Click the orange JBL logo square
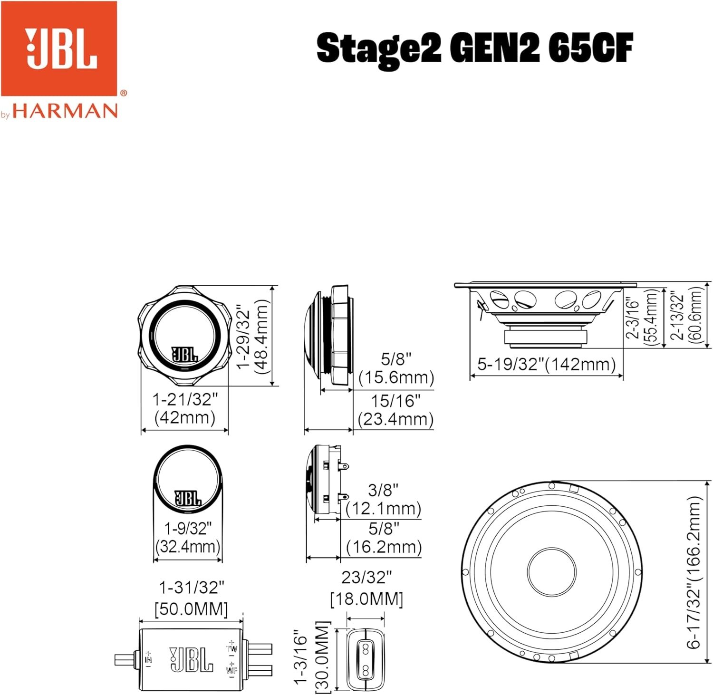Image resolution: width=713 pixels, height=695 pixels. point(59,48)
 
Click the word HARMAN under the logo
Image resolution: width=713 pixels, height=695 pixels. point(65,111)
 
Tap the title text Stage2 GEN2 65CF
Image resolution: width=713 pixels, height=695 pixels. point(474,49)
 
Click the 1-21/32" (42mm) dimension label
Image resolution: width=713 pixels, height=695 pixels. point(185,408)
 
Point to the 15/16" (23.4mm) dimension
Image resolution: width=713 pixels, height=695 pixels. point(395,410)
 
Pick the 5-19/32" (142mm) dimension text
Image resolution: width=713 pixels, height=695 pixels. point(547,365)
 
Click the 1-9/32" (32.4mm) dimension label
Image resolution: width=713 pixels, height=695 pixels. point(188,537)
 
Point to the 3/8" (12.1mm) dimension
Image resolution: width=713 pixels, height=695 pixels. point(383,499)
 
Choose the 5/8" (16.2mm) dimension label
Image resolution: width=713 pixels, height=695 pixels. point(384,538)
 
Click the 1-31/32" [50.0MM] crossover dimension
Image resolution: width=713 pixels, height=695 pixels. point(191,598)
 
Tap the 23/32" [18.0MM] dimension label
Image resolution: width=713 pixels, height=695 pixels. point(366,588)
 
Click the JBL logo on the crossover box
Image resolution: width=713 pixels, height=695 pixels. point(191,659)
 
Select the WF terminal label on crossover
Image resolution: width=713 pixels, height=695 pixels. point(231,670)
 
